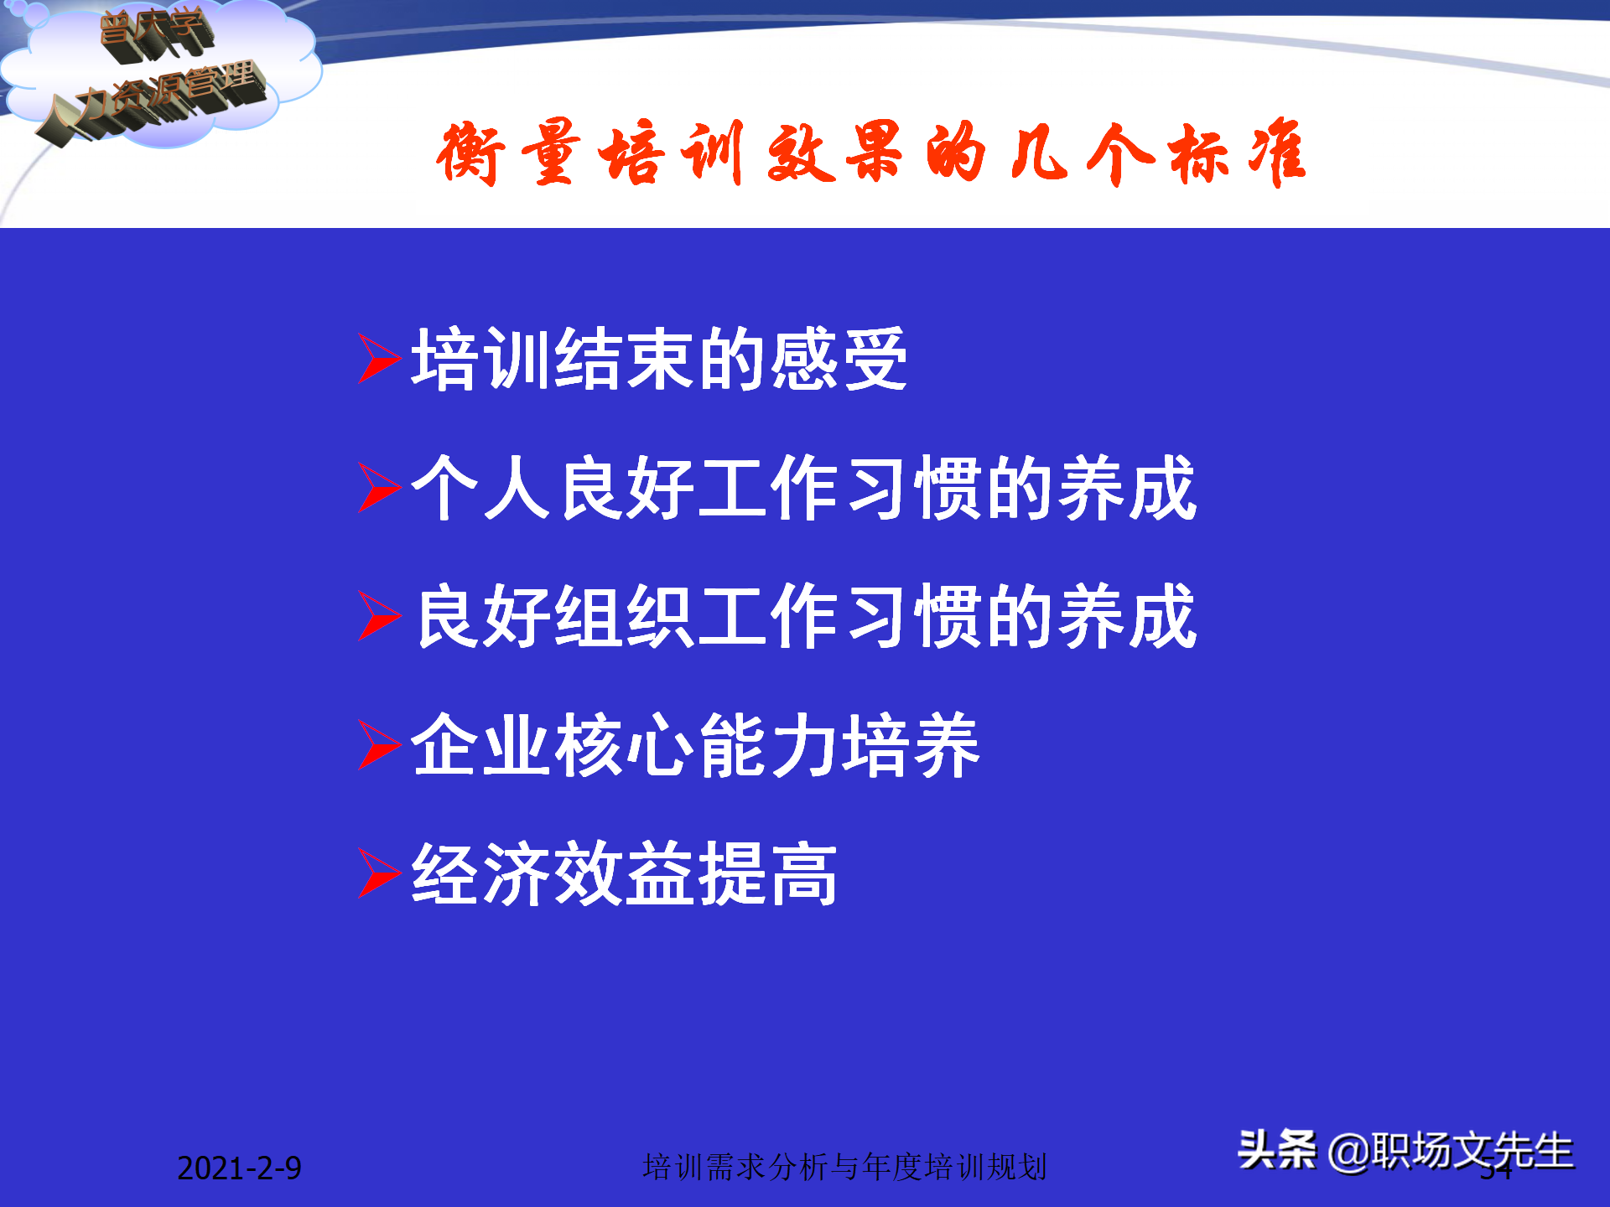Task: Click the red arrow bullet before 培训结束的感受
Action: (377, 359)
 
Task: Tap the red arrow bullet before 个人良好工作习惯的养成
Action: (377, 488)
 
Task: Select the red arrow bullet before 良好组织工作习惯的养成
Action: (377, 616)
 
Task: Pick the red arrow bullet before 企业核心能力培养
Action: (377, 745)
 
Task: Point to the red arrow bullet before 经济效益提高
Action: (377, 873)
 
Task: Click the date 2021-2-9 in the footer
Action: (239, 1168)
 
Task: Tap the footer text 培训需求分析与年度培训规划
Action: (844, 1167)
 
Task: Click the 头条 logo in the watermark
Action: (1277, 1150)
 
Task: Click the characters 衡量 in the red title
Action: (510, 153)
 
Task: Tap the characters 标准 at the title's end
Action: (1238, 153)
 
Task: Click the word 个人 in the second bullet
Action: (481, 488)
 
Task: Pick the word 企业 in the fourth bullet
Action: (481, 745)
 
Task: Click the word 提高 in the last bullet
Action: (768, 873)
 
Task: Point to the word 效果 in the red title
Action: (835, 153)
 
